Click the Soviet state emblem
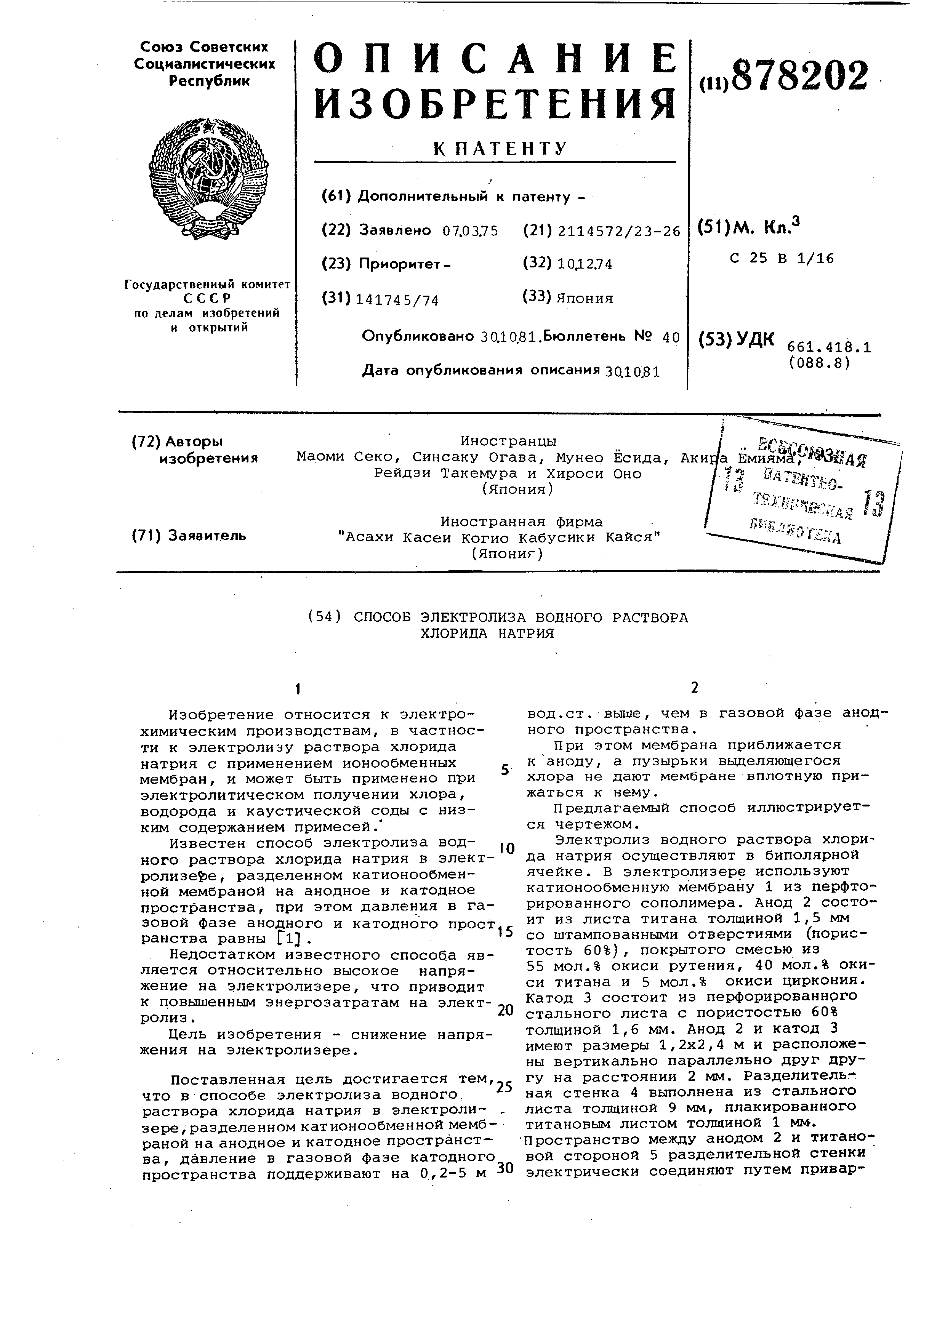(208, 179)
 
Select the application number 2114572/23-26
(619, 232)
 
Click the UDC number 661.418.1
(829, 348)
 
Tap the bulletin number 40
(671, 338)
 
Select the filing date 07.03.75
(470, 231)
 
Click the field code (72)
(146, 442)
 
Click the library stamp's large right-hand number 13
(873, 504)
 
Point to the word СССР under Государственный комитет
(207, 299)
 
